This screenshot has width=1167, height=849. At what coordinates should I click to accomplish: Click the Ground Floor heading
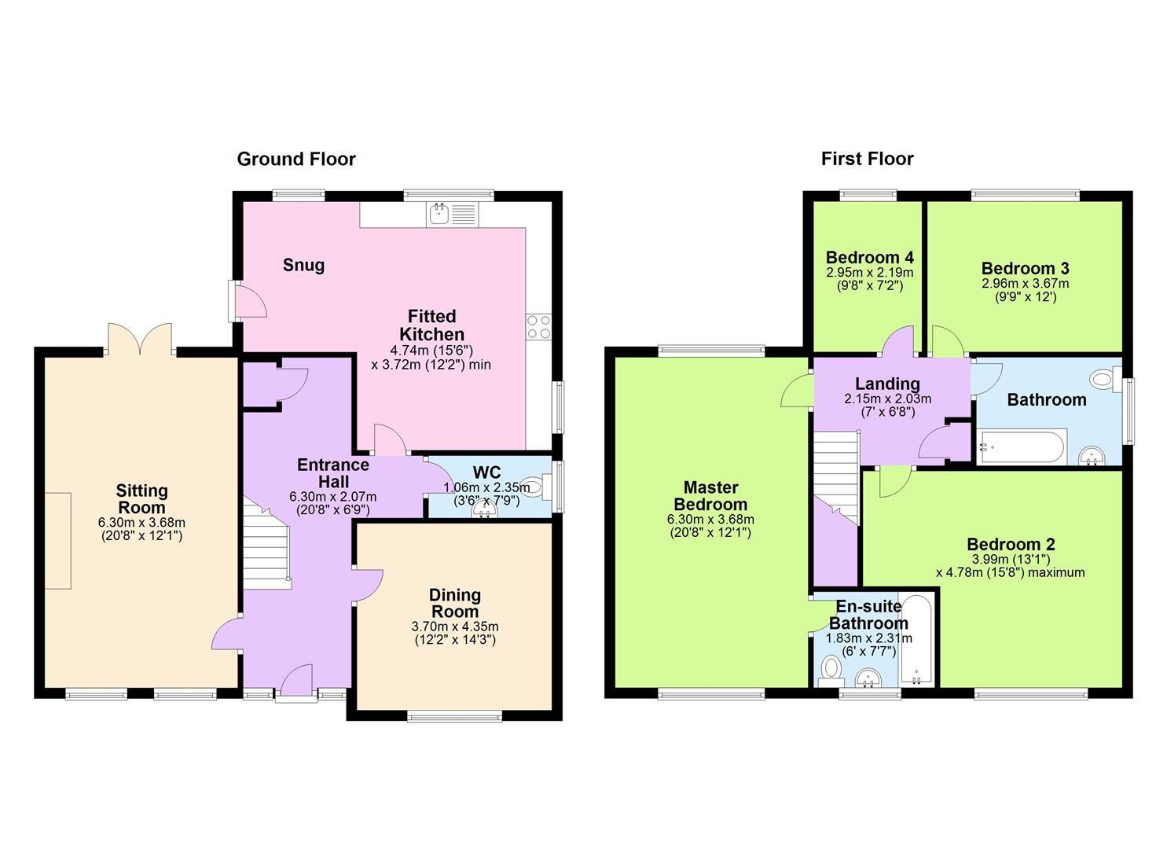click(x=296, y=160)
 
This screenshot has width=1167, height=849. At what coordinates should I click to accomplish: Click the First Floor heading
click(x=867, y=160)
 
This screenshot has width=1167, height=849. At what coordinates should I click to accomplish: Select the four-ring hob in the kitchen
click(x=539, y=326)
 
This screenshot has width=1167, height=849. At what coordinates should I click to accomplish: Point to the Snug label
click(x=303, y=266)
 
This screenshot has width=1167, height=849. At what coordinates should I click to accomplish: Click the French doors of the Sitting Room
click(x=140, y=340)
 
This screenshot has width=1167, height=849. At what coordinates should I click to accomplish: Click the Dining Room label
click(x=455, y=604)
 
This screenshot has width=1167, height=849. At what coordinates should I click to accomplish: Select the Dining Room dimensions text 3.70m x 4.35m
click(x=455, y=627)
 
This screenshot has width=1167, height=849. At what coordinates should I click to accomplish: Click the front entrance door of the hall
click(x=296, y=681)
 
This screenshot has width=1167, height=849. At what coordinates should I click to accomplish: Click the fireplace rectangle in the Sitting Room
click(x=57, y=540)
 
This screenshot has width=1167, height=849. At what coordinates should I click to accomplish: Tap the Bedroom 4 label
click(x=869, y=258)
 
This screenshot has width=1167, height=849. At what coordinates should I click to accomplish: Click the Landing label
click(x=887, y=384)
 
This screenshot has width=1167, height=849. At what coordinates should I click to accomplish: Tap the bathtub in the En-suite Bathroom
click(x=917, y=640)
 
